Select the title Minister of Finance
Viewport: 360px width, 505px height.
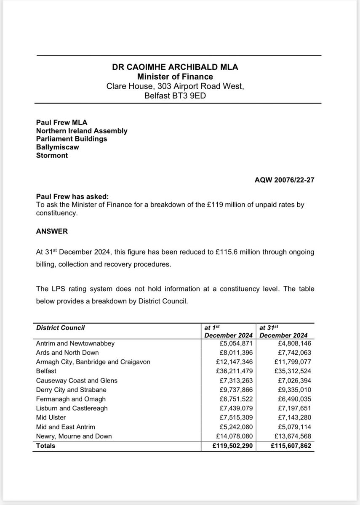175,77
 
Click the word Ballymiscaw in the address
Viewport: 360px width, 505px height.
57,147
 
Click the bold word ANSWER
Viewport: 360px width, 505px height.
51,231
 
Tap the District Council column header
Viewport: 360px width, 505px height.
61,327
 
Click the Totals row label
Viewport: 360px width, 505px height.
46,446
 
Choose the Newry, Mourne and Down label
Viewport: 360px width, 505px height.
74,436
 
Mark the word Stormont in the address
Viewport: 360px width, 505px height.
52,155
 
